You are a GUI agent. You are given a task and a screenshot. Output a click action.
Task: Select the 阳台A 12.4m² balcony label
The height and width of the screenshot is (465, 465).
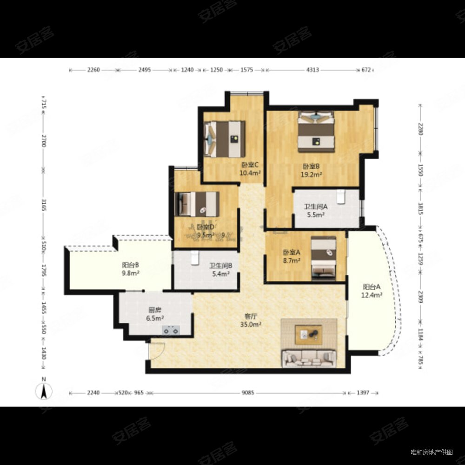tap(372, 291)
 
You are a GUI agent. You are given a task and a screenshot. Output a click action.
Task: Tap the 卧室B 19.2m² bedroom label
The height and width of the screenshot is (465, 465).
tap(312, 171)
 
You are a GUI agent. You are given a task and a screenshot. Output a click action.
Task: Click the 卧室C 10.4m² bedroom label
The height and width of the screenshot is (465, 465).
tap(250, 169)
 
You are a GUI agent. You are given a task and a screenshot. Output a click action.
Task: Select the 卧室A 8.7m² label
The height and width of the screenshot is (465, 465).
tap(292, 257)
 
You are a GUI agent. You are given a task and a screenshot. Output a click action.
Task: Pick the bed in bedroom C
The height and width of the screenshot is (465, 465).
tap(226, 139)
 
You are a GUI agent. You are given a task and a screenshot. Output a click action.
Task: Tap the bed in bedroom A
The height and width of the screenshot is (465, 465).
tap(324, 258)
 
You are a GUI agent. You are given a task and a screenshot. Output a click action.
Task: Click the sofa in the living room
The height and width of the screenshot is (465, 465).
tap(309, 357)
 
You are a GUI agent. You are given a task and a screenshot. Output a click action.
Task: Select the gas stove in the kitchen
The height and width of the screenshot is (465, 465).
tap(171, 331)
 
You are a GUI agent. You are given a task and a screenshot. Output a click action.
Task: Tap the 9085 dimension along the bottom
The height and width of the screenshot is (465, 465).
tap(247, 393)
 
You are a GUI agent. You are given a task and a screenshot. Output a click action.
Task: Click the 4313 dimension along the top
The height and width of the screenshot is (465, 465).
tap(312, 70)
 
